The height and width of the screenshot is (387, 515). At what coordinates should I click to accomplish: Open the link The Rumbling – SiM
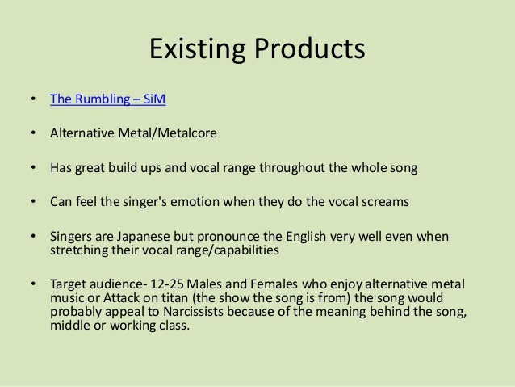pos(109,101)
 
